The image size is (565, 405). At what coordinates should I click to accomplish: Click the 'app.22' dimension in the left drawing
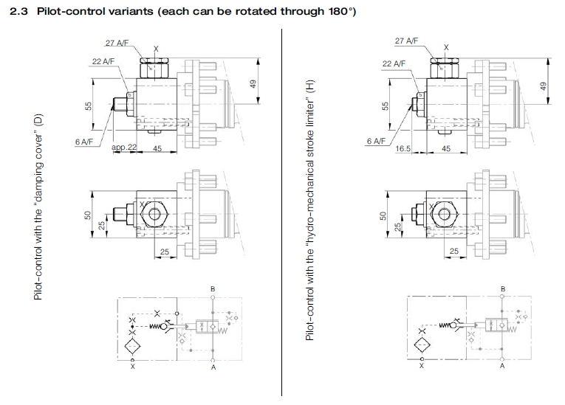[x=124, y=148]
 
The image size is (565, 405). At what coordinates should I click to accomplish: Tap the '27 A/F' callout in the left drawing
[x=117, y=42]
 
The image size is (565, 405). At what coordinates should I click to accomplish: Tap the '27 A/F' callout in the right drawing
[x=405, y=42]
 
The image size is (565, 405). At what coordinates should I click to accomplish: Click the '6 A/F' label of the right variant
[x=376, y=140]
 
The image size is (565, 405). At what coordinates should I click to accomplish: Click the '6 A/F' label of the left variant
[x=83, y=140]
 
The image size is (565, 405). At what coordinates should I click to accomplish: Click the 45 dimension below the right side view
[x=445, y=148]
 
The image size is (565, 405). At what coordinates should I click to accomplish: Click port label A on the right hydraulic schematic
[x=501, y=365]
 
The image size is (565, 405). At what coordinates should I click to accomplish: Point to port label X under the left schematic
[x=132, y=365]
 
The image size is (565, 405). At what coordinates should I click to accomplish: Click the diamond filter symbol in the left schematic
[x=132, y=346]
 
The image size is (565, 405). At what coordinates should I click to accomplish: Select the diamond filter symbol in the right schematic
[x=422, y=346]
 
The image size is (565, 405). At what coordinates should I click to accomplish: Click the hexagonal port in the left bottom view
[x=155, y=215]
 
